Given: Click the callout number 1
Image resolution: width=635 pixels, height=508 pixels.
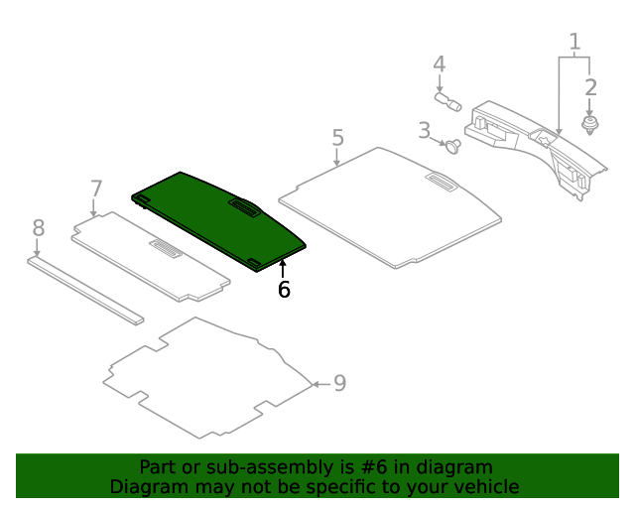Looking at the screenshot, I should pos(573,42).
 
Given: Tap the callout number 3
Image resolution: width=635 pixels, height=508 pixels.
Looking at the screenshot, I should pos(424,130).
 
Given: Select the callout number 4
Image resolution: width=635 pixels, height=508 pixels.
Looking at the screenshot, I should pos(439,64).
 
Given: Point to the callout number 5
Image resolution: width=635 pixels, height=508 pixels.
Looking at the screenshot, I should pos(337,137).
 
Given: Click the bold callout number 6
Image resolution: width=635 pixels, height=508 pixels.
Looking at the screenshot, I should pos(284,290).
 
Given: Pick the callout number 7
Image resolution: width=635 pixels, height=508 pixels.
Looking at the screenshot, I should pos(96,189).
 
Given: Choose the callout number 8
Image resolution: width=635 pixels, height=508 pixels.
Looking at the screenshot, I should pos(38,228).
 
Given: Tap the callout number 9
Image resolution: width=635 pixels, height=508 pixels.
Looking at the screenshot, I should pos(339,383).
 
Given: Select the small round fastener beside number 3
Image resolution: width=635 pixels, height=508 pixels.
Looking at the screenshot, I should pos(454,147).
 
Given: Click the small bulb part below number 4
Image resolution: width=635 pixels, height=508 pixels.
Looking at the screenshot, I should pos(448,101).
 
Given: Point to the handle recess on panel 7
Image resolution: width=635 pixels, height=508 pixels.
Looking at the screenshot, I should pos(166,249).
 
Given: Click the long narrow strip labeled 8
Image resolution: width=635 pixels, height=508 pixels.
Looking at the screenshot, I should pos(85,290).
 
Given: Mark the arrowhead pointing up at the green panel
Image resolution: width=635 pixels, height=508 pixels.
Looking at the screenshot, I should pos(283,263).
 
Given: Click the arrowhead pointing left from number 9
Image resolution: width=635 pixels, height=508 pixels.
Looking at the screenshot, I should pos(316,384).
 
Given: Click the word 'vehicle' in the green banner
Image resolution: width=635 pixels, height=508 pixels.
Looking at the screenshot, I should pos(485,487).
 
